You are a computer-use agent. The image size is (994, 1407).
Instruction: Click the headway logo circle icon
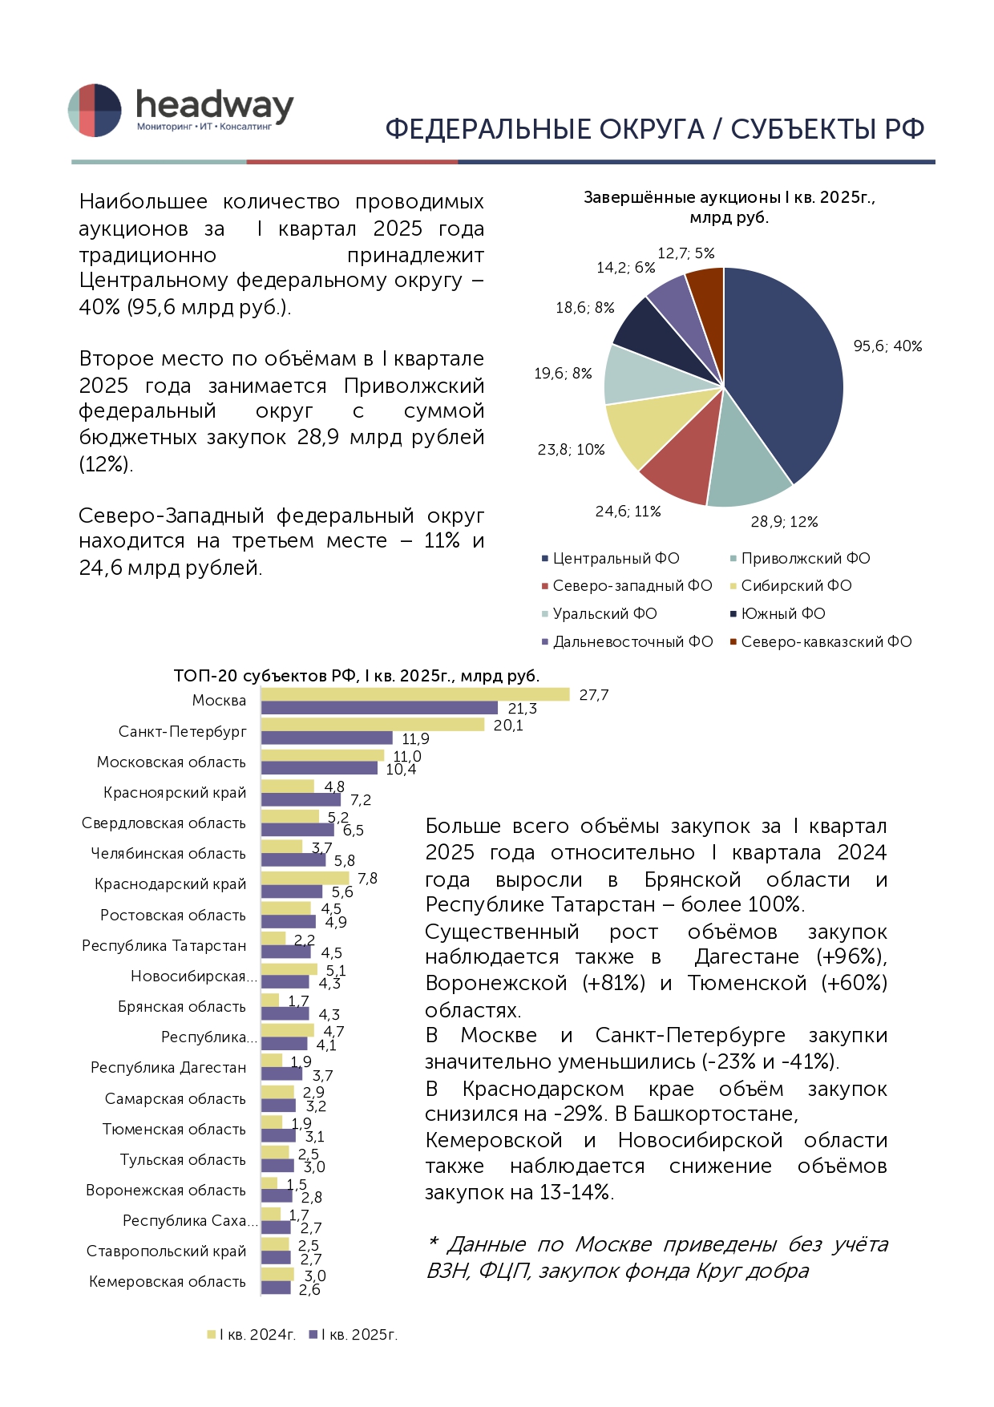[x=95, y=111]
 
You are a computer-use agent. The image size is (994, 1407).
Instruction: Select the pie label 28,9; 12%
[x=784, y=522]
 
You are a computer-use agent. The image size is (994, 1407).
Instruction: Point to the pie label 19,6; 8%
[x=563, y=374]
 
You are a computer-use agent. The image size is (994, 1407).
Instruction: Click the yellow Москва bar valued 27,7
[x=415, y=694]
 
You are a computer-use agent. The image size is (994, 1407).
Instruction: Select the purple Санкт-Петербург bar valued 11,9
[x=327, y=738]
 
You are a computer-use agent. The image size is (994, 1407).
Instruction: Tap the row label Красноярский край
[x=175, y=793]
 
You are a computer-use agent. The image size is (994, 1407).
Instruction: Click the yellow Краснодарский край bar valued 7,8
[x=305, y=878]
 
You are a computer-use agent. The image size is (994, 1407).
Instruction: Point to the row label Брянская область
[x=182, y=1007]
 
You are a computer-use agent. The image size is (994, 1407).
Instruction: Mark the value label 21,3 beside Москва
[x=523, y=709]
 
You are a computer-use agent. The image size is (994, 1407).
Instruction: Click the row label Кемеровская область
[x=168, y=1282]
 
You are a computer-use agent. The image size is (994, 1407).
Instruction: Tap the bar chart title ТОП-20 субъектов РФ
[x=357, y=676]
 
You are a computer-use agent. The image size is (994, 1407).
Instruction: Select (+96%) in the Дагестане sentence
[x=851, y=957]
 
